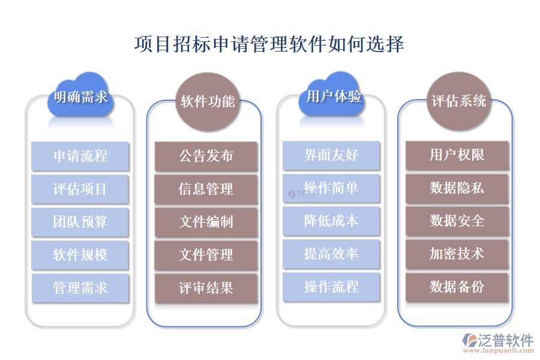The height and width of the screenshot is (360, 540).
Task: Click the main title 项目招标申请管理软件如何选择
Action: pyautogui.click(x=269, y=44)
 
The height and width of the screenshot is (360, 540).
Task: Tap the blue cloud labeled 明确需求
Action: pyautogui.click(x=80, y=97)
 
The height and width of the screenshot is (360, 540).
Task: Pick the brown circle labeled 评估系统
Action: pyautogui.click(x=458, y=101)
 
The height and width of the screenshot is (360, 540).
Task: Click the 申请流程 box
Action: pyautogui.click(x=80, y=156)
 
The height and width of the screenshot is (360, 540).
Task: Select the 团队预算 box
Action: pyautogui.click(x=80, y=222)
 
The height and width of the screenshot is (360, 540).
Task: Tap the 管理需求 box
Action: pyautogui.click(x=80, y=288)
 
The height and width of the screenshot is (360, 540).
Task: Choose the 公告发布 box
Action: pyautogui.click(x=206, y=157)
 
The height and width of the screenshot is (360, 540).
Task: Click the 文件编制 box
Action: pyautogui.click(x=206, y=223)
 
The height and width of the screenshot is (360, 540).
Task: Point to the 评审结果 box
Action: pyautogui.click(x=206, y=288)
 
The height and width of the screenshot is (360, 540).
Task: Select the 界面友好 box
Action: pyautogui.click(x=331, y=155)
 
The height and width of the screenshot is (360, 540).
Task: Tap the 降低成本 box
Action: pyautogui.click(x=331, y=221)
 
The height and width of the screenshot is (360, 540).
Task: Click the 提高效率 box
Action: pyautogui.click(x=331, y=254)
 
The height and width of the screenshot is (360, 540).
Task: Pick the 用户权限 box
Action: pyautogui.click(x=457, y=155)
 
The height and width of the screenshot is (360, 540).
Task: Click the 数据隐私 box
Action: pyautogui.click(x=457, y=188)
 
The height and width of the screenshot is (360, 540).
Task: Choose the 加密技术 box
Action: pyautogui.click(x=457, y=254)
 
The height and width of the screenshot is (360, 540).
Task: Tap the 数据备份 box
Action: pyautogui.click(x=457, y=287)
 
